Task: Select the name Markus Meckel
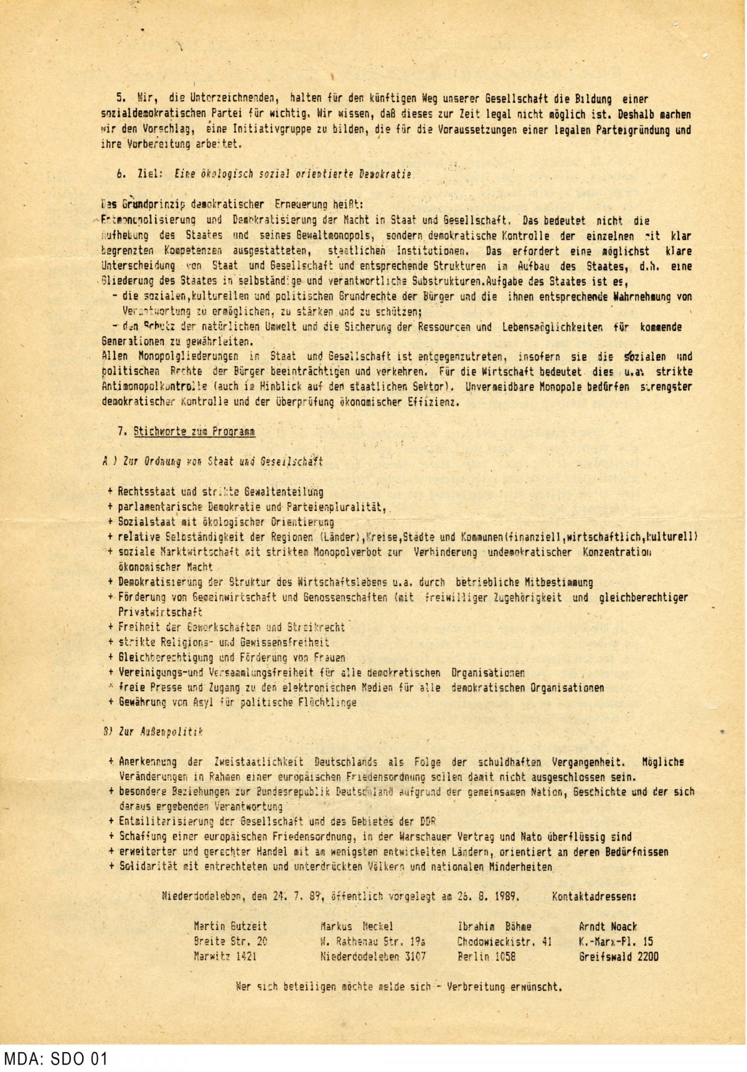[357, 926]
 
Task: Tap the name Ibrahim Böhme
[494, 926]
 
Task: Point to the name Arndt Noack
[608, 926]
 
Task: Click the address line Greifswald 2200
[618, 957]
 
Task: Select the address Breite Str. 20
[230, 942]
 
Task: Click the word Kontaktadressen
[594, 897]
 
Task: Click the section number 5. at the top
[121, 99]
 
